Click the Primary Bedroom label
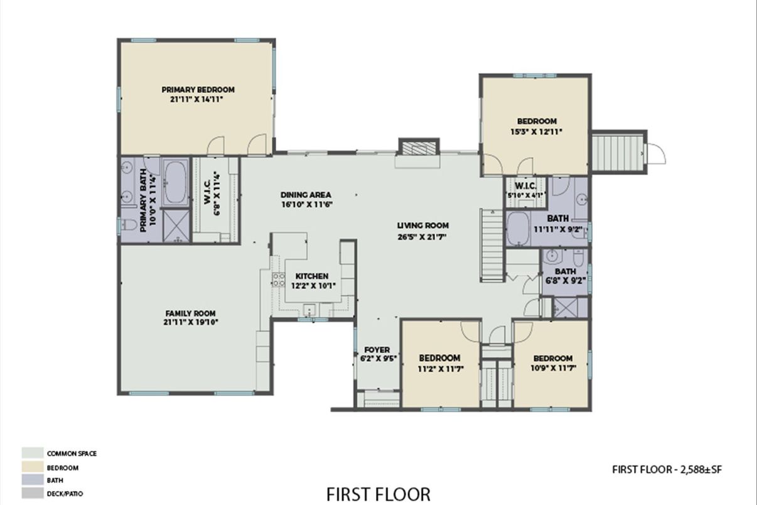pyautogui.click(x=198, y=90)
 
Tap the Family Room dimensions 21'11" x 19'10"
pyautogui.click(x=191, y=322)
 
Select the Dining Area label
pyautogui.click(x=306, y=195)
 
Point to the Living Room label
pyautogui.click(x=423, y=225)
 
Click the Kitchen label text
pyautogui.click(x=312, y=276)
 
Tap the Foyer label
pyautogui.click(x=377, y=350)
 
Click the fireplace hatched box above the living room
pyautogui.click(x=419, y=148)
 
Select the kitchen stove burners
pyautogui.click(x=279, y=280)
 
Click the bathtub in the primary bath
pyautogui.click(x=176, y=182)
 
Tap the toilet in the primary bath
pyautogui.click(x=128, y=224)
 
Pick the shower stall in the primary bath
pyautogui.click(x=176, y=225)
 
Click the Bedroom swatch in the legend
pyautogui.click(x=33, y=467)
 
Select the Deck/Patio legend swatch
pyautogui.click(x=33, y=493)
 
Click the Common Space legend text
pyautogui.click(x=72, y=453)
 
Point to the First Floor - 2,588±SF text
pyautogui.click(x=667, y=469)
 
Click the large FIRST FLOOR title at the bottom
pyautogui.click(x=378, y=494)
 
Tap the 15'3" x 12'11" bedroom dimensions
pyautogui.click(x=536, y=131)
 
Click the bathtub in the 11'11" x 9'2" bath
pyautogui.click(x=518, y=228)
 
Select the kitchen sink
pyautogui.click(x=309, y=310)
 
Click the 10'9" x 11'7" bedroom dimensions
pyautogui.click(x=553, y=367)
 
